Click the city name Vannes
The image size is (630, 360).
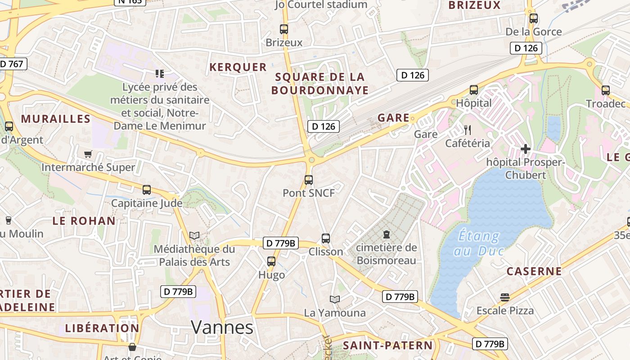222,327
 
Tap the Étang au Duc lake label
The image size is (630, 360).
479,243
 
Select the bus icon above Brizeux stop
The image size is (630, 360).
284,29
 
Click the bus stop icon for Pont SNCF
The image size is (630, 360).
309,180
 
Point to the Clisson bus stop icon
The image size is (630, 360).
326,238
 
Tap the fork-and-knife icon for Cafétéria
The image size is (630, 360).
468,130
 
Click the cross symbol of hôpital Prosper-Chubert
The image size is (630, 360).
525,148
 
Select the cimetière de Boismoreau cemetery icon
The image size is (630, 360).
386,234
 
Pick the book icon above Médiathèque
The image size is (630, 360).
194,235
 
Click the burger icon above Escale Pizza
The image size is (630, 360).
505,297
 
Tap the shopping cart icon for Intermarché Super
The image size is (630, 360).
88,154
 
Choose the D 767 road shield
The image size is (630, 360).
12,64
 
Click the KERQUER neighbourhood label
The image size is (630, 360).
238,67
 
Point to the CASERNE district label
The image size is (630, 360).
534,271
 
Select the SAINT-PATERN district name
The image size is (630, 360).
387,346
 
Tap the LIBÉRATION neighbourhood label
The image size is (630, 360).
102,328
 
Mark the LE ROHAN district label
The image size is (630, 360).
84,221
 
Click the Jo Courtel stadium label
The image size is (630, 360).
321,4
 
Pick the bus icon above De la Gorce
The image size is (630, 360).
534,18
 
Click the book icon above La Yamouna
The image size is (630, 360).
335,299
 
